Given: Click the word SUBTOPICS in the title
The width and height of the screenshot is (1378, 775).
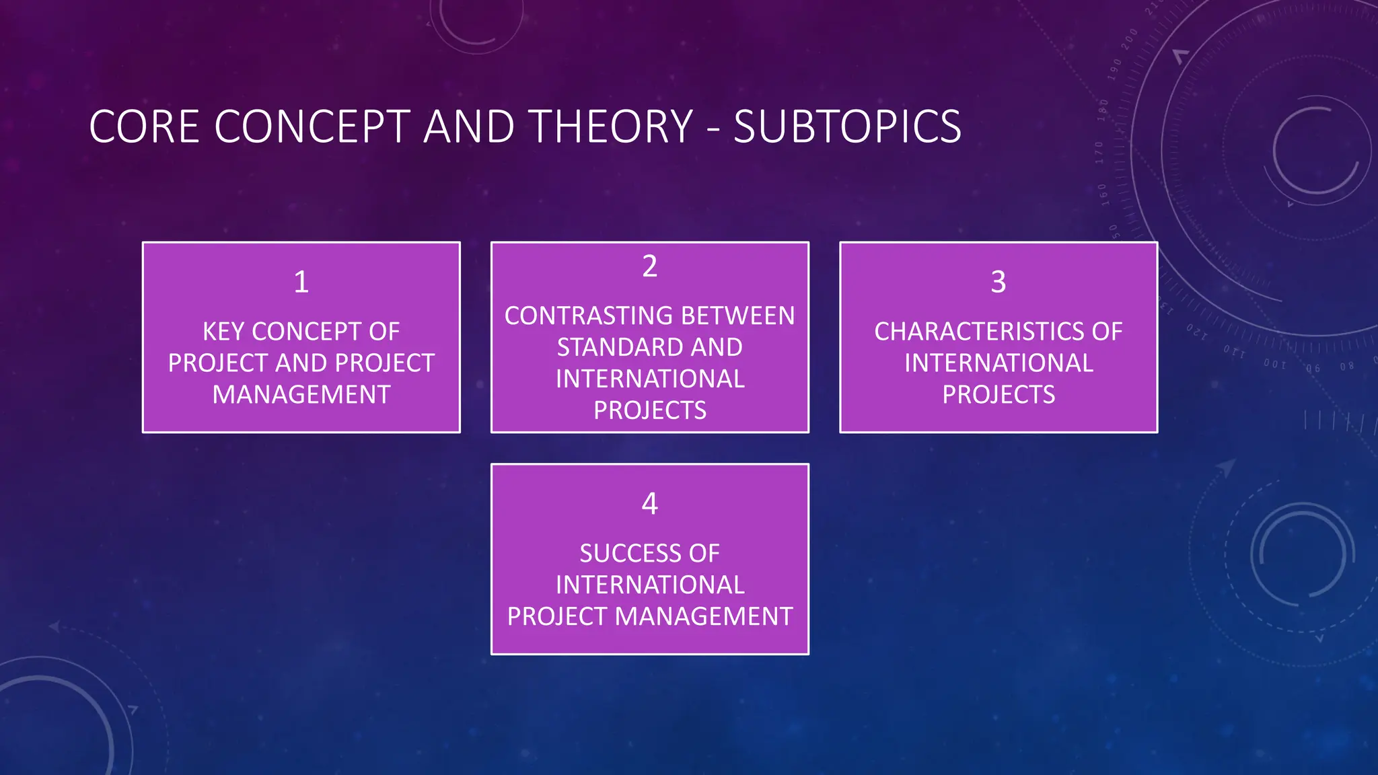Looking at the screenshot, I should pyautogui.click(x=847, y=126).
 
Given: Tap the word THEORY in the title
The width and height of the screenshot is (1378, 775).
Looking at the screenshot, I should pyautogui.click(x=610, y=126).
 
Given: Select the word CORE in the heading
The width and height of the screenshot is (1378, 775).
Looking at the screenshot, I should pyautogui.click(x=144, y=126).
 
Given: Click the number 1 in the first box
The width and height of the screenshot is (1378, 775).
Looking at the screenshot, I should pyautogui.click(x=301, y=282).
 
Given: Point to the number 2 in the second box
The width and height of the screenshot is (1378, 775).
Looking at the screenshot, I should pyautogui.click(x=649, y=266).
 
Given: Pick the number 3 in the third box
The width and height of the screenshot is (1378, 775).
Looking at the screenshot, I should pyautogui.click(x=999, y=282).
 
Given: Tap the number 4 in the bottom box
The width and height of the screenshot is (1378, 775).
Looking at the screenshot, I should pyautogui.click(x=649, y=504).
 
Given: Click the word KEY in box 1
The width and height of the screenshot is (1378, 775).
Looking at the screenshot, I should pyautogui.click(x=223, y=332).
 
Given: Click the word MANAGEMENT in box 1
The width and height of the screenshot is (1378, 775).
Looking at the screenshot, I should pyautogui.click(x=301, y=394).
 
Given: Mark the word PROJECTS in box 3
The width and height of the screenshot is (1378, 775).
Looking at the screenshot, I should pyautogui.click(x=999, y=394).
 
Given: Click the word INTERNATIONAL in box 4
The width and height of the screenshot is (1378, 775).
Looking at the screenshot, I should pyautogui.click(x=650, y=585).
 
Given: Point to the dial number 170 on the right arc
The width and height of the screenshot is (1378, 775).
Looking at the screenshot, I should pyautogui.click(x=1099, y=153).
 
